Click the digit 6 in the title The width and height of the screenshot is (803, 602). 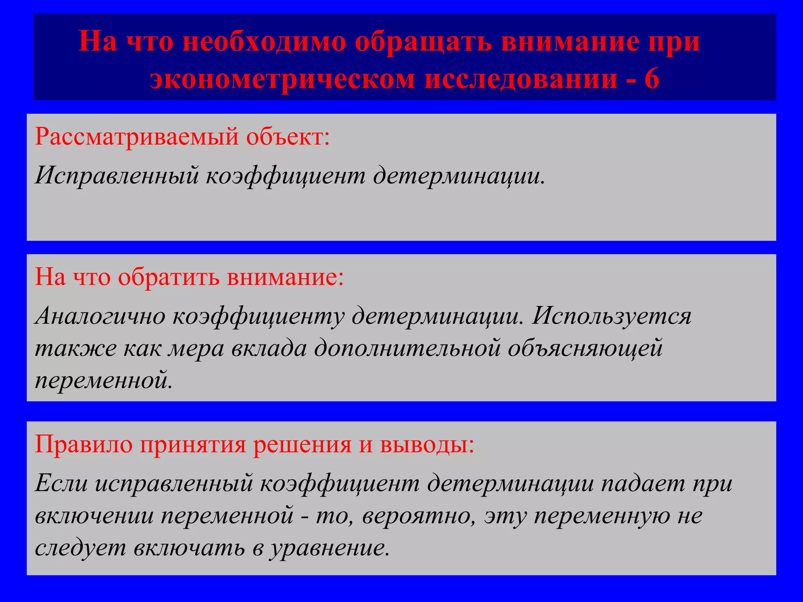(x=651, y=79)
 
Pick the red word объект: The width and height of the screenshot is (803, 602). (x=288, y=137)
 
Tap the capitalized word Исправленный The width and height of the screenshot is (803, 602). (x=117, y=175)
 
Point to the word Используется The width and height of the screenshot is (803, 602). (x=611, y=316)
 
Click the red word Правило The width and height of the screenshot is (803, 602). (x=84, y=444)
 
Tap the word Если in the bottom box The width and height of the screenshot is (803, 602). (x=61, y=483)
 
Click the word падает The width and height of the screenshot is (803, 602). (x=643, y=483)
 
